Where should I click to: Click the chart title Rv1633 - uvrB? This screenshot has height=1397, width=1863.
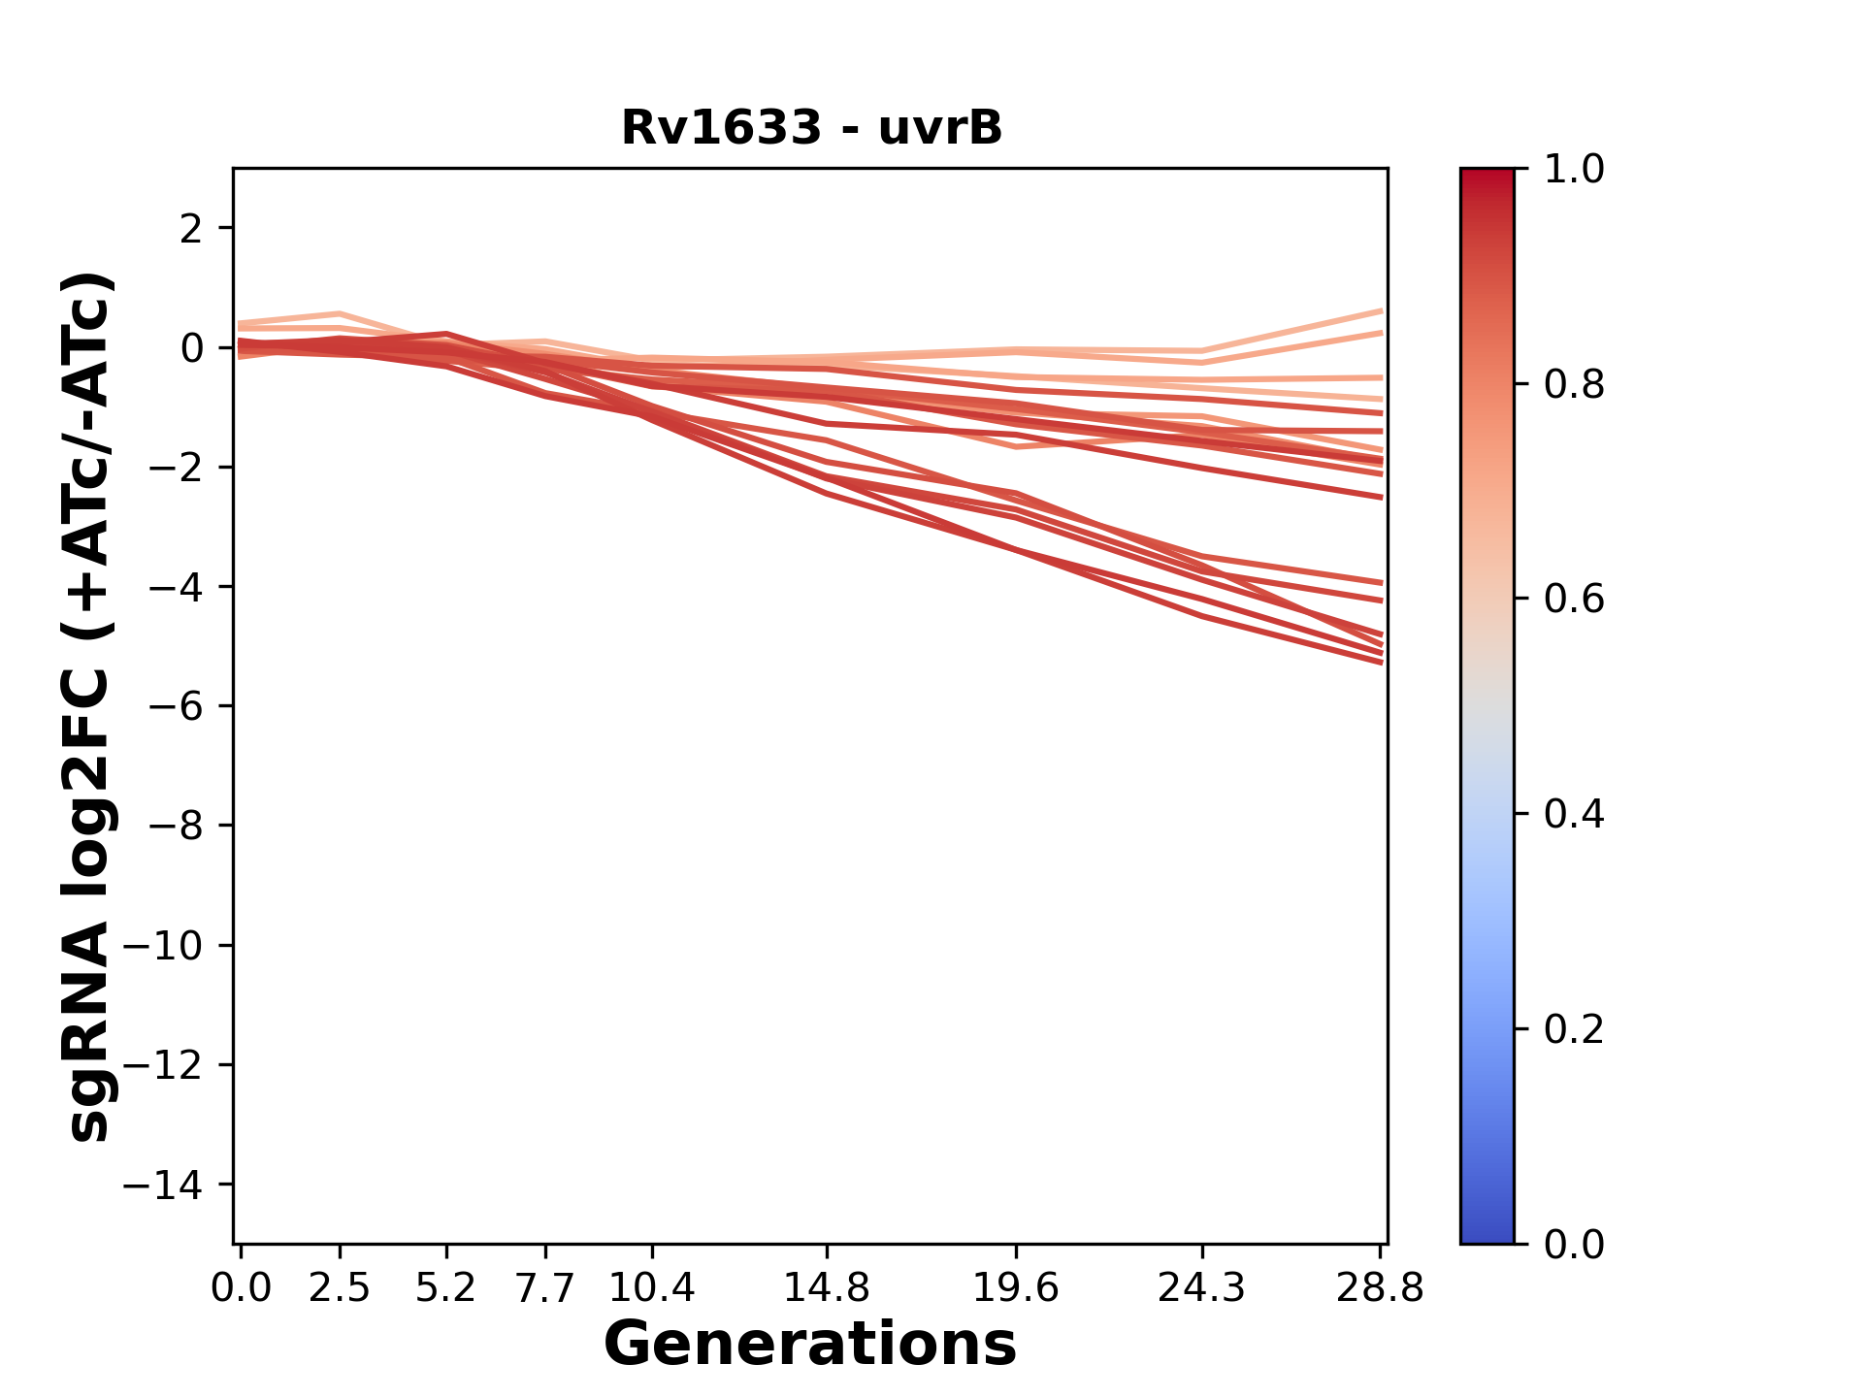pyautogui.click(x=811, y=128)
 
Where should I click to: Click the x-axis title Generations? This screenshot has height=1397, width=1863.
pyautogui.click(x=810, y=1345)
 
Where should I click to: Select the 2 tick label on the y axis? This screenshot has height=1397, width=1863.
pyautogui.click(x=191, y=228)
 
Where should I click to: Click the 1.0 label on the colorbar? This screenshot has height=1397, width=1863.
pyautogui.click(x=1574, y=170)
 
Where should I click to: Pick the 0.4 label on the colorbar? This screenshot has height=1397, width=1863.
pyautogui.click(x=1574, y=814)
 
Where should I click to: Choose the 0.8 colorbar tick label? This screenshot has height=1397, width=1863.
pyautogui.click(x=1574, y=385)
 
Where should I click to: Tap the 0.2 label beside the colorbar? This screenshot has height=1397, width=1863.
pyautogui.click(x=1574, y=1029)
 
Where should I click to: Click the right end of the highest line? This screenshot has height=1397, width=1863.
pyautogui.click(x=1381, y=310)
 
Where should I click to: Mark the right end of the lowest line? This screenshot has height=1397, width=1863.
pyautogui.click(x=1381, y=663)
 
